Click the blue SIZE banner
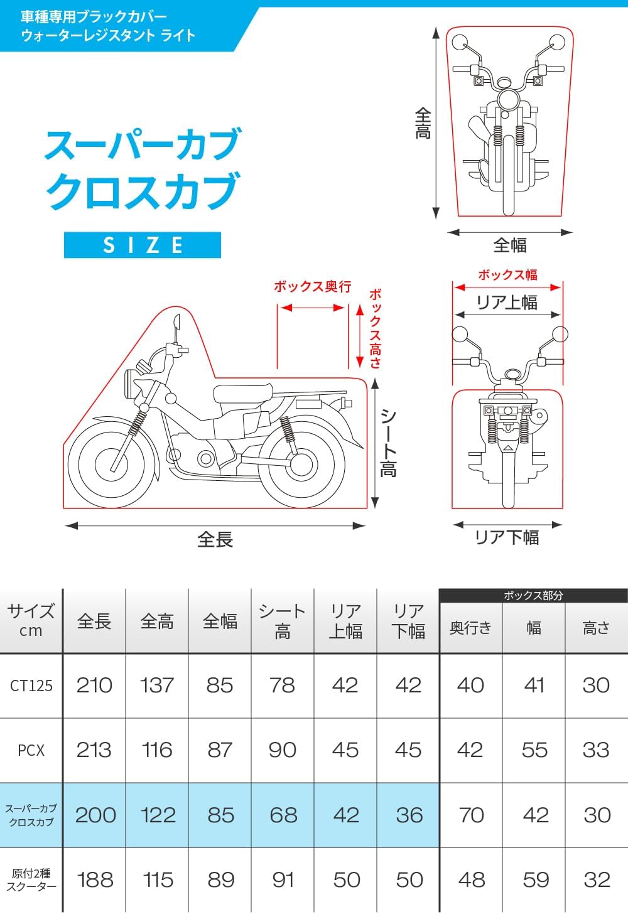pyautogui.click(x=143, y=245)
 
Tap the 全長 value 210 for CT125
pyautogui.click(x=94, y=685)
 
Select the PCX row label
pyautogui.click(x=31, y=750)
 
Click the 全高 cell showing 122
pyautogui.click(x=158, y=815)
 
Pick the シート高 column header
pyautogui.click(x=283, y=621)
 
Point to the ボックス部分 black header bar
pyautogui.click(x=533, y=595)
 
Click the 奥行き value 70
pyautogui.click(x=471, y=815)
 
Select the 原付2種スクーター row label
pyautogui.click(x=31, y=879)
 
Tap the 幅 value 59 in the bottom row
pyautogui.click(x=535, y=879)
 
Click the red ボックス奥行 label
pyautogui.click(x=312, y=287)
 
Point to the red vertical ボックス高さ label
pyautogui.click(x=375, y=328)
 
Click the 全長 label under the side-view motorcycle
pyautogui.click(x=215, y=539)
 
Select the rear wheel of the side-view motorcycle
pyautogui.click(x=301, y=463)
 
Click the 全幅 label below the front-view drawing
pyautogui.click(x=509, y=245)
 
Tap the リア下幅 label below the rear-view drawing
pyautogui.click(x=507, y=537)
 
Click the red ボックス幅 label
pyautogui.click(x=507, y=274)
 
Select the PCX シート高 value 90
pyautogui.click(x=283, y=750)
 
